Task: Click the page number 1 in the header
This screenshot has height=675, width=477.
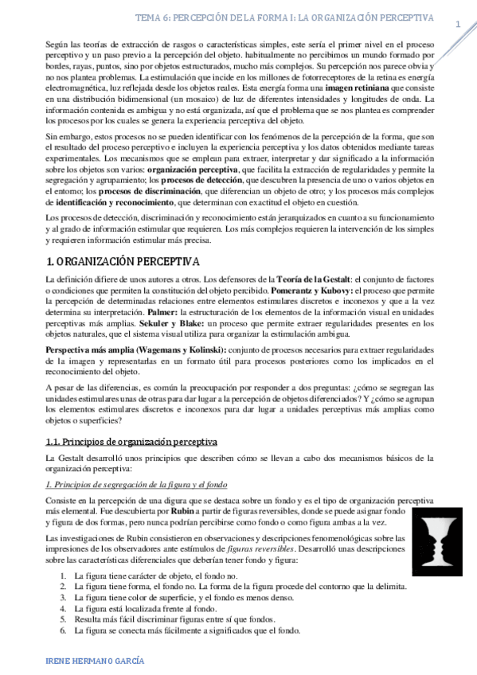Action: point(458,25)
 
